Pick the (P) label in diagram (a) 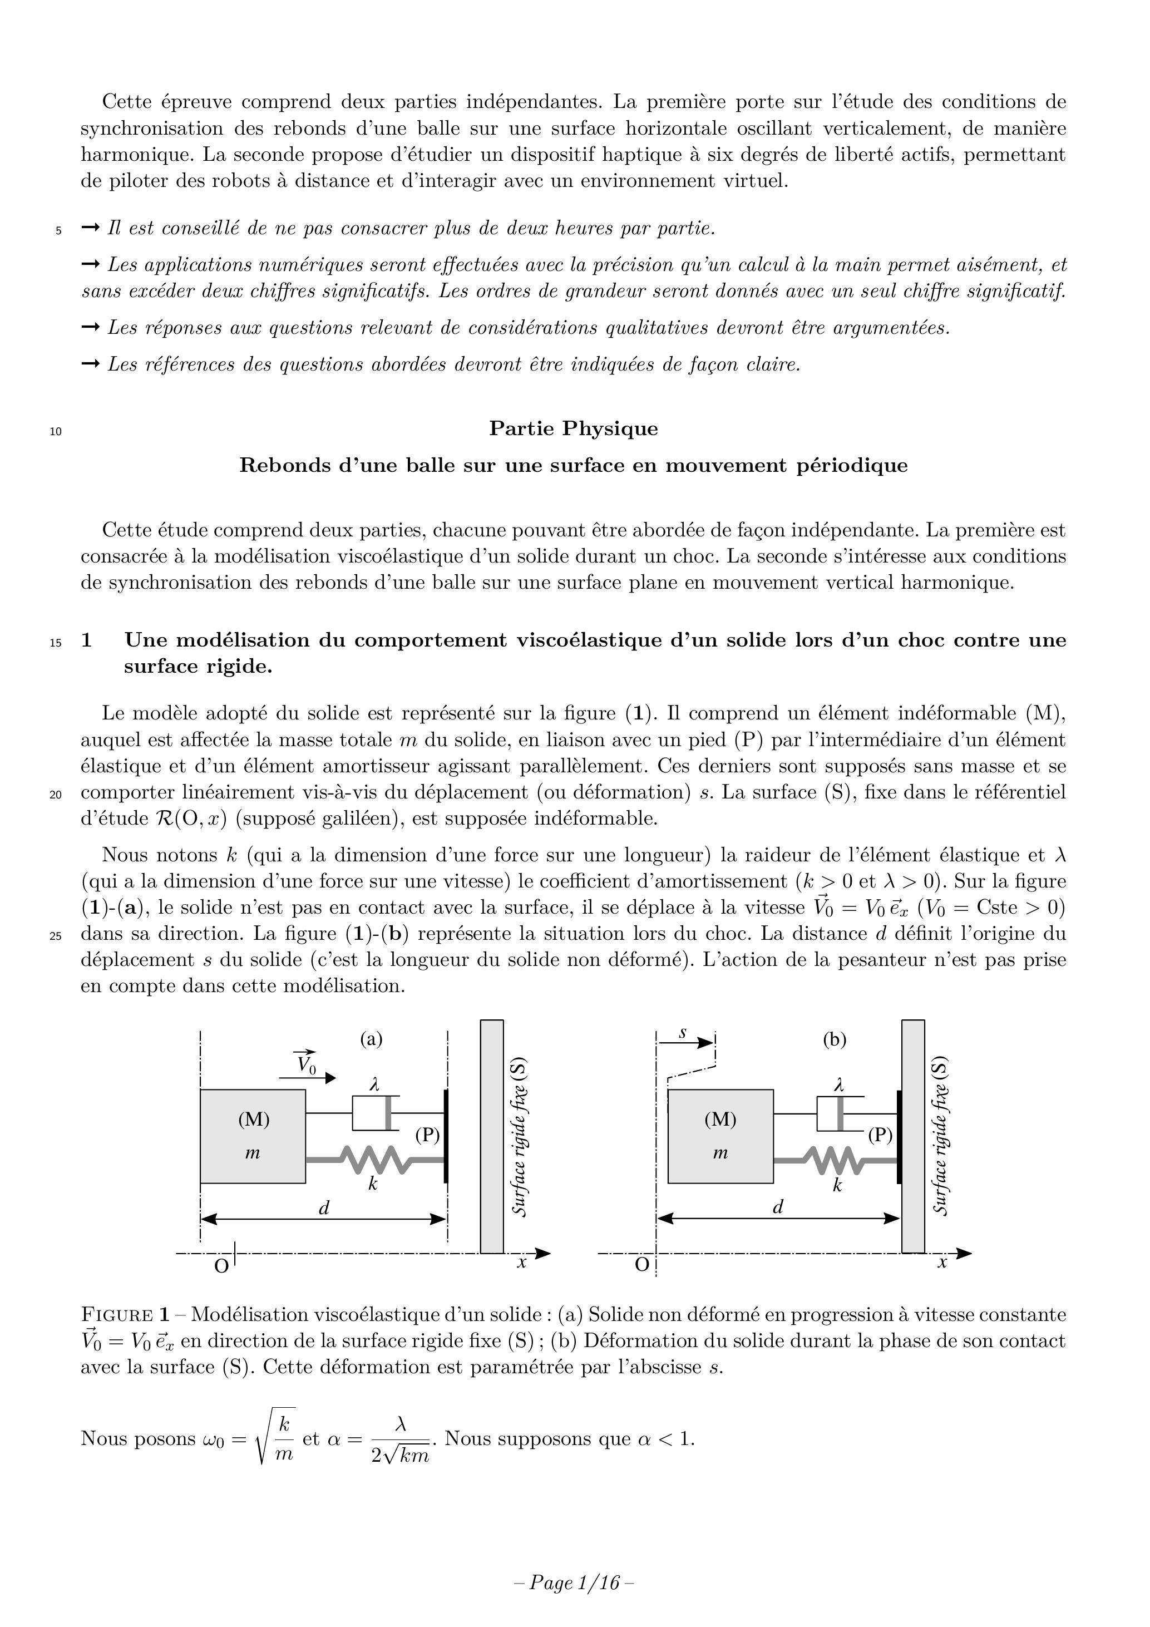click(x=427, y=1135)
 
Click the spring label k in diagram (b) click(x=837, y=1185)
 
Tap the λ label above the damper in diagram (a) click(x=374, y=1083)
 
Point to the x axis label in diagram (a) click(x=521, y=1262)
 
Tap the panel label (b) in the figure click(x=834, y=1039)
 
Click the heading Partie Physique click(x=573, y=428)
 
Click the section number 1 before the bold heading click(x=86, y=640)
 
